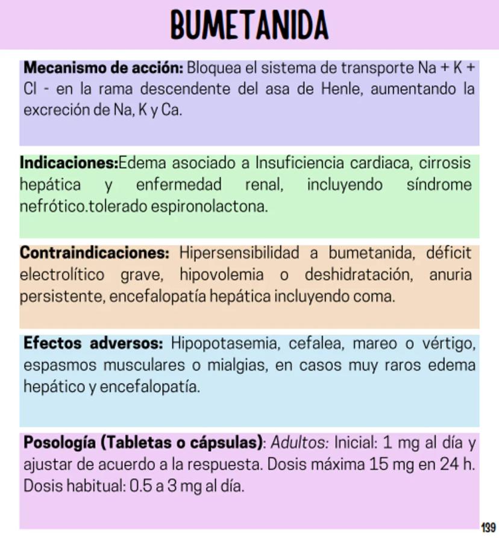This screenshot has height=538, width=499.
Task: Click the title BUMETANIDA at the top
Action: point(249,26)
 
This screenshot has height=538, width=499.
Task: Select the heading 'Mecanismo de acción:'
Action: point(103,67)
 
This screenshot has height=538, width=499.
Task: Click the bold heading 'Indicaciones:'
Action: point(69,163)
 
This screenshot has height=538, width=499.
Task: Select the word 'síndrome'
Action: point(439,185)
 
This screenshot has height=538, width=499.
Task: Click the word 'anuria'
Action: point(451,275)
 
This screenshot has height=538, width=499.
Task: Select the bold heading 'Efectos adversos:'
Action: point(93,344)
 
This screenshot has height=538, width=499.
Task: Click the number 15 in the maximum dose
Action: point(378,465)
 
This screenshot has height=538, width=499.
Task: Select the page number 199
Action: point(488,528)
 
